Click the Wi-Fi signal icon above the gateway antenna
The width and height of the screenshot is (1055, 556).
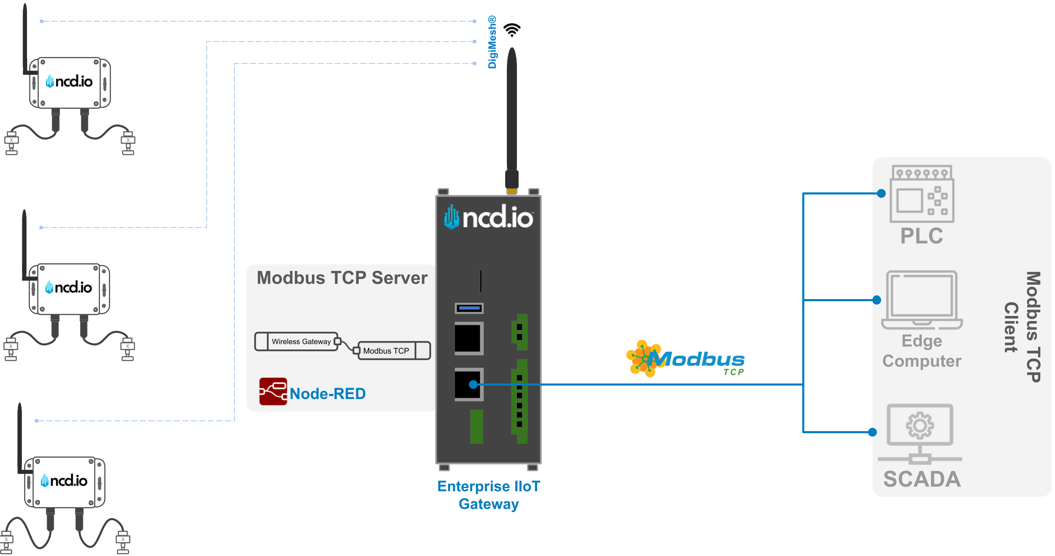[x=512, y=30]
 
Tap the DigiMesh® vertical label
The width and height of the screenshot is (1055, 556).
[x=492, y=42]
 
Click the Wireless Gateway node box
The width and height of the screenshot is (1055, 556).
[x=301, y=342]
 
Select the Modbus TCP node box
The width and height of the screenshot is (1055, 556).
[x=386, y=351]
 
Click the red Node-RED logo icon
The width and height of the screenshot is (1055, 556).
[x=273, y=391]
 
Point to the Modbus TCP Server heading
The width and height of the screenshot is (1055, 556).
[x=342, y=278]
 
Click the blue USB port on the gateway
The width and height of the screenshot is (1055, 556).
[x=469, y=308]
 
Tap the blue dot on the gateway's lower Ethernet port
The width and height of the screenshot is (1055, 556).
[x=473, y=384]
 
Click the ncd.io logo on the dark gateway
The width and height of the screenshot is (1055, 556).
[x=489, y=217]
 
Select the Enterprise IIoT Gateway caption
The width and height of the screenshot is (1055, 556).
[x=489, y=495]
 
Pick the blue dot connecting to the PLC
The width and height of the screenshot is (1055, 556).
[x=881, y=194]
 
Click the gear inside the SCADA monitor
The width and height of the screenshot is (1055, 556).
[x=920, y=426]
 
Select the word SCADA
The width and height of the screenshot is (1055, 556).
[x=922, y=479]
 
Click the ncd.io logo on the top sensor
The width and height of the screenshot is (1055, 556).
[x=69, y=81]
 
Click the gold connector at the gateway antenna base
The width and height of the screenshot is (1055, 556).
[x=511, y=192]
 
